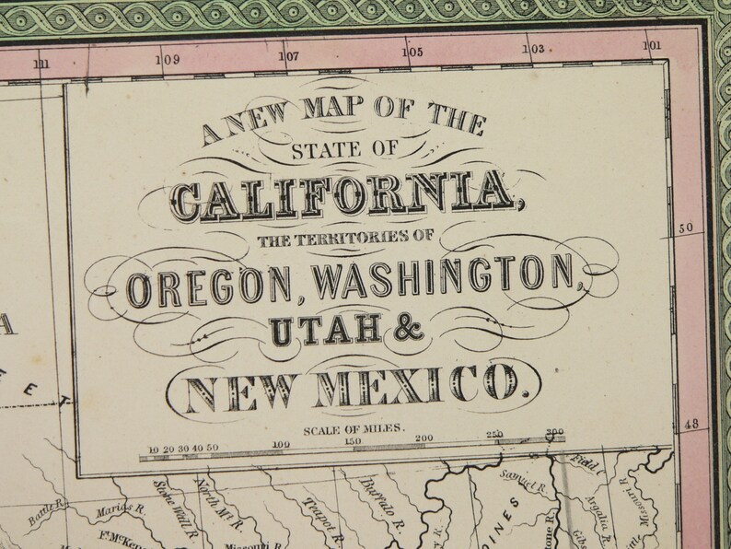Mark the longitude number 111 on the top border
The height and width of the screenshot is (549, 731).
[x=41, y=64]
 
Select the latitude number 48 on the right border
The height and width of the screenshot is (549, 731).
[x=693, y=425]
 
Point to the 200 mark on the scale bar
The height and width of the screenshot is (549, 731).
[x=424, y=439]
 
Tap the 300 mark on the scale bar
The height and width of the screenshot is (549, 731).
[x=553, y=433]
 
